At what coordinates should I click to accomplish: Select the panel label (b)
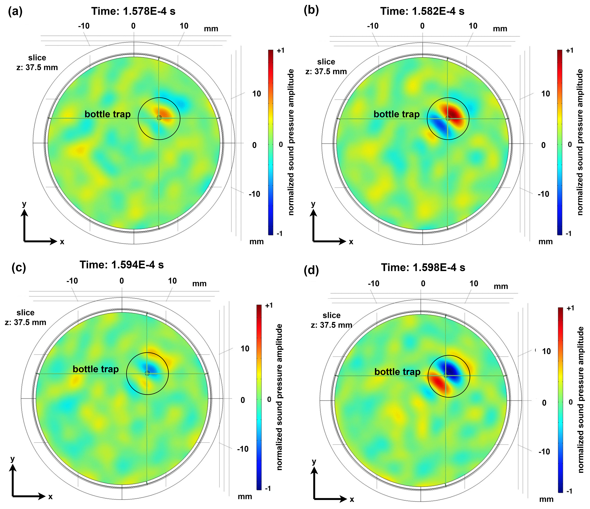pyautogui.click(x=311, y=10)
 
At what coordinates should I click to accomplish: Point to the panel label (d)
pyautogui.click(x=311, y=270)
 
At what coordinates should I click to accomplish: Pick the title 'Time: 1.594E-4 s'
pyautogui.click(x=122, y=265)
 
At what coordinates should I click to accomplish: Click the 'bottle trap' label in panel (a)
pyautogui.click(x=108, y=114)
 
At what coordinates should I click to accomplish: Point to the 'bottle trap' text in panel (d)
pyautogui.click(x=397, y=372)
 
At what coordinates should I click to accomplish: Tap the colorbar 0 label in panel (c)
pyautogui.click(x=269, y=399)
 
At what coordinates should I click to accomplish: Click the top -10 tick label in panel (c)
pyautogui.click(x=72, y=281)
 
